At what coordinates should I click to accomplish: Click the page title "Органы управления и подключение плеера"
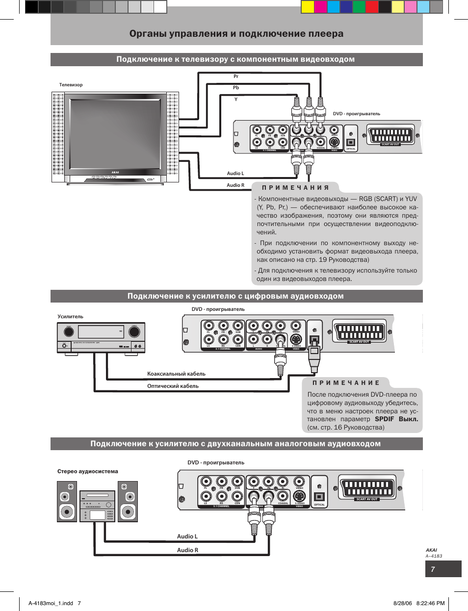[x=236, y=34]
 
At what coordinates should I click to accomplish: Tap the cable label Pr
[x=236, y=76]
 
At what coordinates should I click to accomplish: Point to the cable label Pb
[x=236, y=88]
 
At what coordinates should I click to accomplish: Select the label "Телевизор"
[x=71, y=85]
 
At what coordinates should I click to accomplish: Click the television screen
[x=116, y=133]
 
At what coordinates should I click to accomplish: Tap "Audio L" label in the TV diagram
[x=235, y=174]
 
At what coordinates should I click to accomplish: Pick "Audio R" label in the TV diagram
[x=235, y=185]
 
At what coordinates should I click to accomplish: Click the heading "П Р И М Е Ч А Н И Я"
[x=295, y=187]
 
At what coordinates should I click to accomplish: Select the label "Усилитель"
[x=71, y=317]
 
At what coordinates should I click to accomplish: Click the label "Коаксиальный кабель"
[x=176, y=374]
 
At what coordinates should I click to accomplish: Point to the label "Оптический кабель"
[x=173, y=386]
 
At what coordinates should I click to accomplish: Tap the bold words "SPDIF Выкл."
[x=396, y=419]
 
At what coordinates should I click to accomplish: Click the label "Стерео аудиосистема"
[x=88, y=471]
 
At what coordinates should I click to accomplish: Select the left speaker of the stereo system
[x=67, y=501]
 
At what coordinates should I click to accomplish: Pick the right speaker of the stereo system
[x=128, y=501]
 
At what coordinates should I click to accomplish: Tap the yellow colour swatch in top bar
[x=307, y=6]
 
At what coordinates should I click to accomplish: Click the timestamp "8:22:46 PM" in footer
[x=430, y=603]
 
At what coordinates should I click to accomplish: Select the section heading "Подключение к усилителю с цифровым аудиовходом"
[x=235, y=296]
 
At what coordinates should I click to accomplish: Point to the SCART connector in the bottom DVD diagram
[x=367, y=487]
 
